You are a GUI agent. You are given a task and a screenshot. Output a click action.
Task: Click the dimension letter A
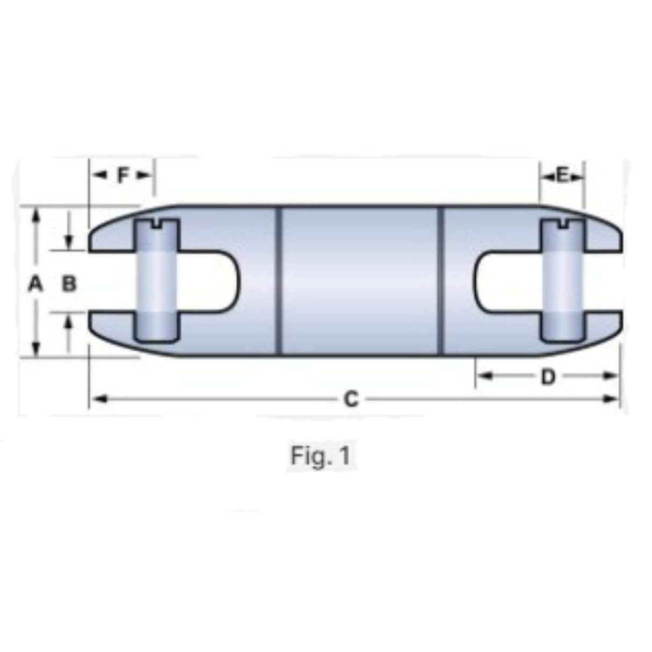click(x=35, y=283)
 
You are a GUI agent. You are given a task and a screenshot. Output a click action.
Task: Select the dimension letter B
click(x=69, y=283)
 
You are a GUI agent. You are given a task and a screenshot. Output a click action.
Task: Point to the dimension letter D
click(x=547, y=377)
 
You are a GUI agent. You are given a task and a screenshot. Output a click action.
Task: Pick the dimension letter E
click(x=562, y=176)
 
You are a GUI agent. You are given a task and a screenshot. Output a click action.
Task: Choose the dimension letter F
click(x=124, y=175)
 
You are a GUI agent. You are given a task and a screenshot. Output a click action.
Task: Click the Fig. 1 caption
click(x=321, y=456)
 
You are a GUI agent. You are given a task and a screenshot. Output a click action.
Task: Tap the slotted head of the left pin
click(x=157, y=225)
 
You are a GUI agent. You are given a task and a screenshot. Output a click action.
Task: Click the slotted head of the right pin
click(x=562, y=225)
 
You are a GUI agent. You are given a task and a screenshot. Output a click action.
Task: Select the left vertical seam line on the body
click(x=278, y=280)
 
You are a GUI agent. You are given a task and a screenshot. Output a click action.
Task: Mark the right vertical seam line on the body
click(x=441, y=280)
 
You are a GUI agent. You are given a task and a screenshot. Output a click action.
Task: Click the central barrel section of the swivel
click(x=360, y=280)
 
